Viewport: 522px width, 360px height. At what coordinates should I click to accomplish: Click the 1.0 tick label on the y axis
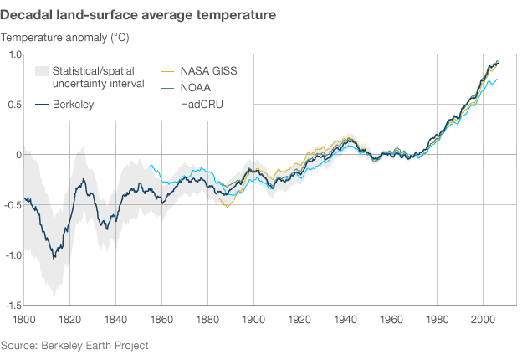pyautogui.click(x=15, y=54)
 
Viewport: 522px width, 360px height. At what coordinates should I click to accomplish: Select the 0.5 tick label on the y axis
pyautogui.click(x=15, y=104)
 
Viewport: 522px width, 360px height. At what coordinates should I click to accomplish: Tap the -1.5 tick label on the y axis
pyautogui.click(x=13, y=306)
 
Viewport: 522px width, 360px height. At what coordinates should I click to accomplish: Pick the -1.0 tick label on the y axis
pyautogui.click(x=13, y=255)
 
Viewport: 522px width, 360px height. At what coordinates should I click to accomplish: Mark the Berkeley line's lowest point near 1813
pyautogui.click(x=54, y=258)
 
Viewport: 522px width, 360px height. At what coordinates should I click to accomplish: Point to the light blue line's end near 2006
pyautogui.click(x=497, y=80)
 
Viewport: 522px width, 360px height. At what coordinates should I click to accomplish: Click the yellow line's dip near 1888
pyautogui.click(x=226, y=206)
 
